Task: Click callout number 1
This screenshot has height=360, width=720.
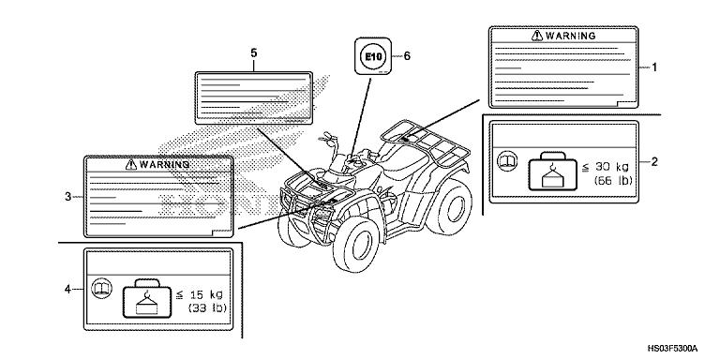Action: click(x=654, y=67)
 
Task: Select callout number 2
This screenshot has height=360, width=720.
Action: click(x=654, y=161)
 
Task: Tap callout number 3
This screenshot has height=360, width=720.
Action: click(x=67, y=197)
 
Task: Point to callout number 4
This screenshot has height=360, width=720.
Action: click(x=67, y=289)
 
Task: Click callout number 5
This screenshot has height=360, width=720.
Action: click(x=254, y=53)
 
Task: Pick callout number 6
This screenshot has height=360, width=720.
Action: click(x=407, y=56)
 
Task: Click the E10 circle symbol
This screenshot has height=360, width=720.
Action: click(x=373, y=56)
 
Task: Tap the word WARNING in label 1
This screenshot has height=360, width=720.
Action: click(x=571, y=36)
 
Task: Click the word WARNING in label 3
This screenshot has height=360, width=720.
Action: click(x=164, y=164)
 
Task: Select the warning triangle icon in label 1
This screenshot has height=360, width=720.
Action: click(x=537, y=36)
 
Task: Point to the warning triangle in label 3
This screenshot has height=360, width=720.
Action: click(x=131, y=164)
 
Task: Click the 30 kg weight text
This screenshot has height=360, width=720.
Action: click(x=607, y=167)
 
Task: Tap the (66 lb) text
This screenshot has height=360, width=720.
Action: click(x=613, y=180)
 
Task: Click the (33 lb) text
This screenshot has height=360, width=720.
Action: click(x=207, y=307)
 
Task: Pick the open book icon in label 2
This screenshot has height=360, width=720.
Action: click(x=508, y=161)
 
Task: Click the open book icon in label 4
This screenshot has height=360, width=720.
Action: click(x=102, y=289)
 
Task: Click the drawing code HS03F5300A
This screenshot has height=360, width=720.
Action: click(x=672, y=348)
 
